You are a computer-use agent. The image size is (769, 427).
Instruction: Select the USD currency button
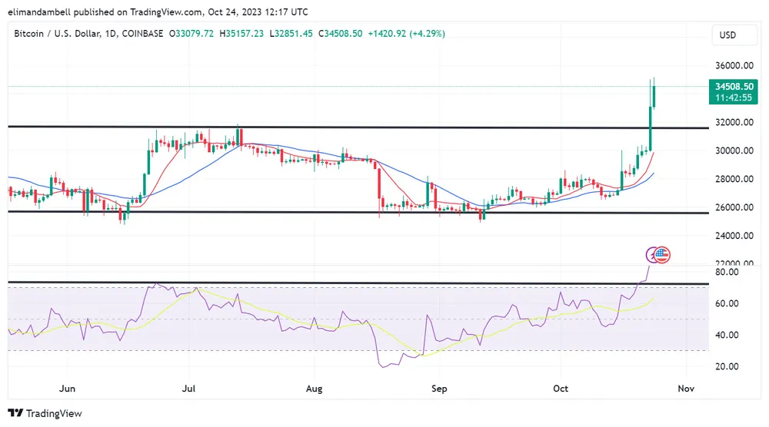[727, 35]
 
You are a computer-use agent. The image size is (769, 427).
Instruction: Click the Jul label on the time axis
[188, 389]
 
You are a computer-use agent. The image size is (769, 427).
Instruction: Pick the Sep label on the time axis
[438, 389]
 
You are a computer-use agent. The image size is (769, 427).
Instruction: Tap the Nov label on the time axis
[686, 389]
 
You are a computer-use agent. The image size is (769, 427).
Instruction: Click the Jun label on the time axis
[68, 389]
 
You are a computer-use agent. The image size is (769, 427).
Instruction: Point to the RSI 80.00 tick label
[727, 272]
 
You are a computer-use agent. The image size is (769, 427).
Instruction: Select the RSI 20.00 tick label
[727, 366]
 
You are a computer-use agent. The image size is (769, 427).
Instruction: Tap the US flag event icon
[662, 254]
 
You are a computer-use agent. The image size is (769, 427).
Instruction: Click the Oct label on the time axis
[561, 389]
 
